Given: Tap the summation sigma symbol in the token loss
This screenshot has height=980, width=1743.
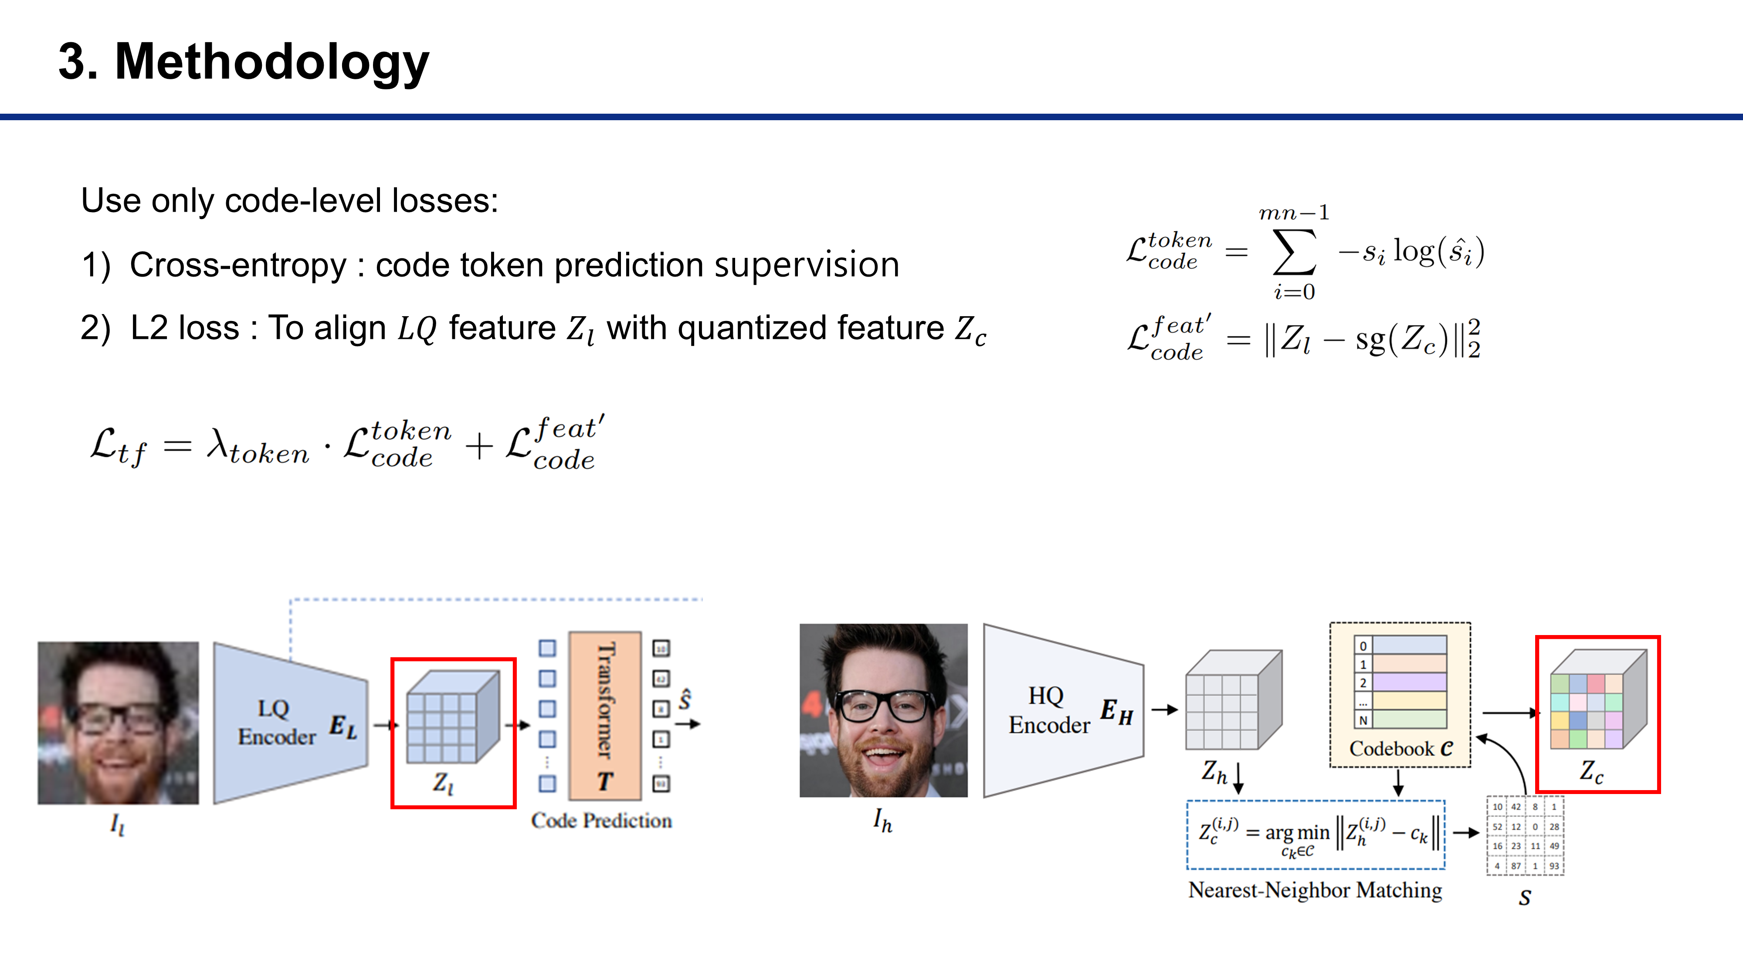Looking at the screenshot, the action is (1294, 252).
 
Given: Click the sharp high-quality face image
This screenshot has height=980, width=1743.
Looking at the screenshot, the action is (883, 710).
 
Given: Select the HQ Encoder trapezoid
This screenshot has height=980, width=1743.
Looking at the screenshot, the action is (1062, 710).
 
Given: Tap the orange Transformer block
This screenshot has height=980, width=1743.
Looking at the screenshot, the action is (605, 716).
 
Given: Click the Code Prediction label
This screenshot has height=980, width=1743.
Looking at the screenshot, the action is (601, 821).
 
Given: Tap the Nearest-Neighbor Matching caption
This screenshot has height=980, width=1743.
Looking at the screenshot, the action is (1315, 890).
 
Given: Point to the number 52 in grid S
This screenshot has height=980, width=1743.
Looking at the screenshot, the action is (1497, 827).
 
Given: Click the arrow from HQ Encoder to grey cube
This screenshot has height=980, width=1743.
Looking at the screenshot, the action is (1164, 710).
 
